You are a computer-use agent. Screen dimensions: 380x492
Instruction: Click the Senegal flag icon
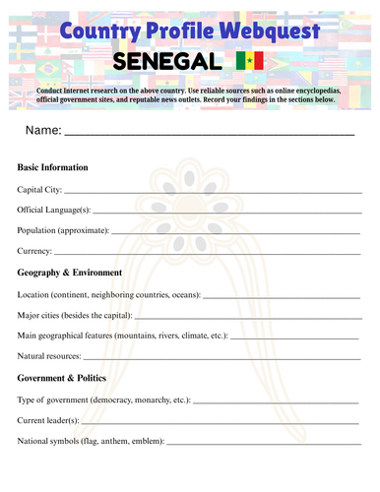coord(249,61)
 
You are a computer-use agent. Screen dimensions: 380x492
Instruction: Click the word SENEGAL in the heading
coord(168,61)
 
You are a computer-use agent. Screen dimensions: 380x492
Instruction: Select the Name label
coord(43,130)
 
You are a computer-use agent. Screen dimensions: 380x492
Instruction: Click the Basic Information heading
coord(53,167)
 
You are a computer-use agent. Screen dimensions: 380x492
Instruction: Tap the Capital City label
coord(39,189)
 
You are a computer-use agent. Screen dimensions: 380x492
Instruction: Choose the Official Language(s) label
coord(54,210)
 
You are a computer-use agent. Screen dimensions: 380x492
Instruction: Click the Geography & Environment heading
coord(70,273)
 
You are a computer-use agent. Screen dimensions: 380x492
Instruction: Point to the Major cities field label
coord(74,315)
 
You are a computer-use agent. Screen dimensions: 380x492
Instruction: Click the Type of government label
coord(104,400)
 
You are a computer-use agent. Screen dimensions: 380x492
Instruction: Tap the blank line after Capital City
coord(212,191)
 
